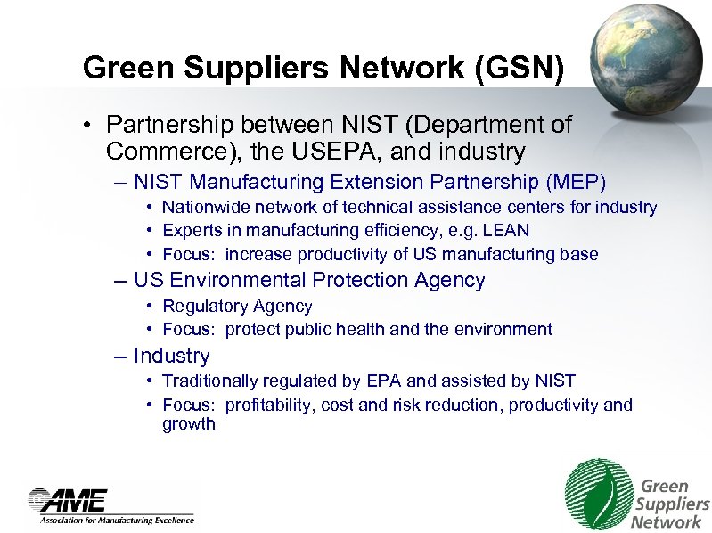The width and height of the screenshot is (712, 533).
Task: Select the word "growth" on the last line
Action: click(188, 424)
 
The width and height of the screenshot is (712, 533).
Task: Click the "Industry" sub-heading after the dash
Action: click(171, 356)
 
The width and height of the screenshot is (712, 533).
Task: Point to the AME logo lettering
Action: click(70, 499)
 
